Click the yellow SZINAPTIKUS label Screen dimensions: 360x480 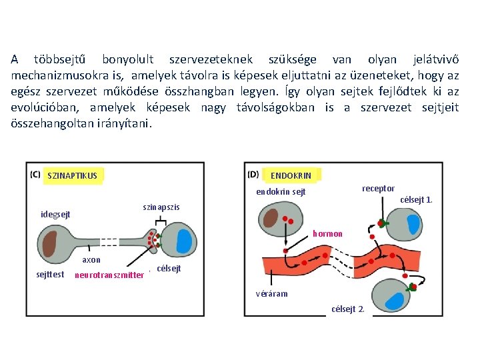coord(73,176)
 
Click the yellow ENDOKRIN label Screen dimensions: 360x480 coord(291,175)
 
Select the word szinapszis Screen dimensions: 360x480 coord(161,207)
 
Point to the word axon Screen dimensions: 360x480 coord(91,260)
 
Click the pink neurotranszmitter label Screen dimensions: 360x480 coord(109,275)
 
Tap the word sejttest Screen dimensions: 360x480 coord(50,274)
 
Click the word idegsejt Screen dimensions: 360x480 coord(55,215)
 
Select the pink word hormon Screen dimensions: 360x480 coord(327,233)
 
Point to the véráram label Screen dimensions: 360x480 coord(272,294)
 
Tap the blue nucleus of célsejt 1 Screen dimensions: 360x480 coord(414,225)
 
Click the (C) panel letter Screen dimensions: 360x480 coord(35,175)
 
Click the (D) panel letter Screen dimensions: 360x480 coord(253,175)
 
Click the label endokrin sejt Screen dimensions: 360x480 coord(281,192)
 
